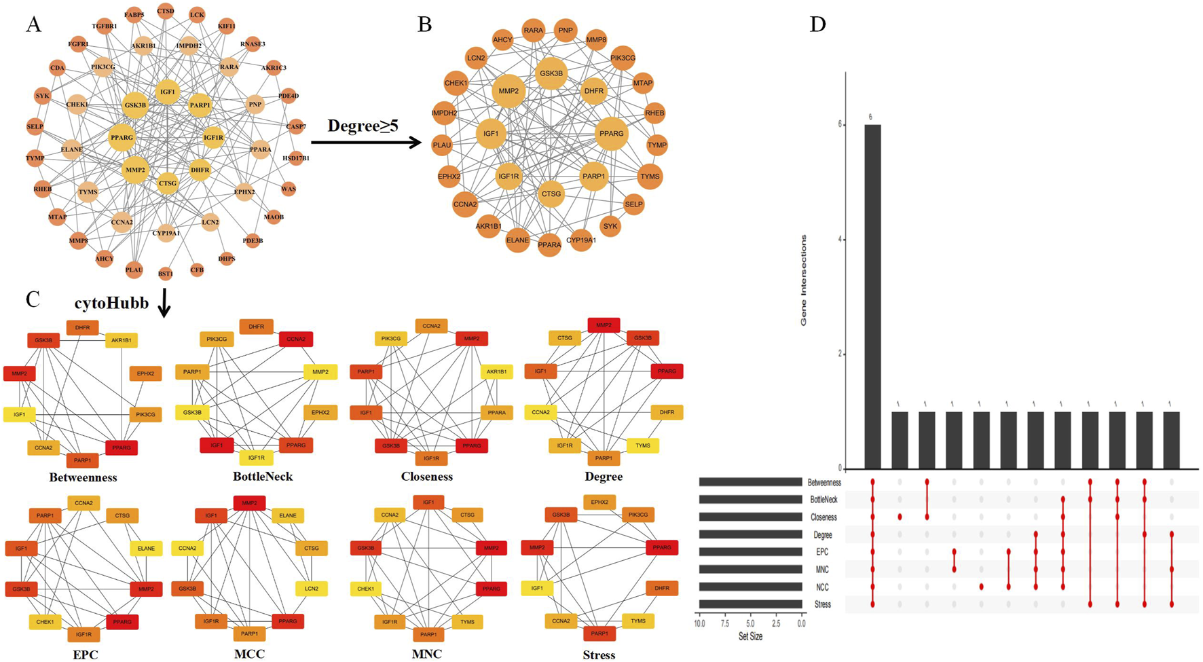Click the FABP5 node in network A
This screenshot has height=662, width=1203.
[x=134, y=14]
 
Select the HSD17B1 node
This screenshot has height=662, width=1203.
[x=296, y=158]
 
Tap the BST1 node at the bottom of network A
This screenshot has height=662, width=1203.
[x=166, y=274]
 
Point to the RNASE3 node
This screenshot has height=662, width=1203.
[x=253, y=44]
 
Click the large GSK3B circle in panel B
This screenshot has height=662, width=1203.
[x=551, y=73]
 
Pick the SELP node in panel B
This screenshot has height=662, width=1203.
[x=633, y=204]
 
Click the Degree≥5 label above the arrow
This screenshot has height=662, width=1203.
[x=363, y=126]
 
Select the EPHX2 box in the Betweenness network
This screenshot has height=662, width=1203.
[x=145, y=373]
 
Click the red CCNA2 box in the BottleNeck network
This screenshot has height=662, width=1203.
[x=296, y=339]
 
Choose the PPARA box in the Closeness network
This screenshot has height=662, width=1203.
[x=496, y=412]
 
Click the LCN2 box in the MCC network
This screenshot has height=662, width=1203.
[x=311, y=589]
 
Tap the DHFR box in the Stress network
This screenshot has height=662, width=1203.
[x=661, y=588]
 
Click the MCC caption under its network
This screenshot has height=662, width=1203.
[x=249, y=654]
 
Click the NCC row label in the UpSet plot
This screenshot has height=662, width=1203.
[x=822, y=587]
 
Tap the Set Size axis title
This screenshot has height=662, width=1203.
[x=750, y=637]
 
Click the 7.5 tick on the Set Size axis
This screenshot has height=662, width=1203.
[x=725, y=623]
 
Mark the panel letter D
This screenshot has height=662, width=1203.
[x=818, y=24]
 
